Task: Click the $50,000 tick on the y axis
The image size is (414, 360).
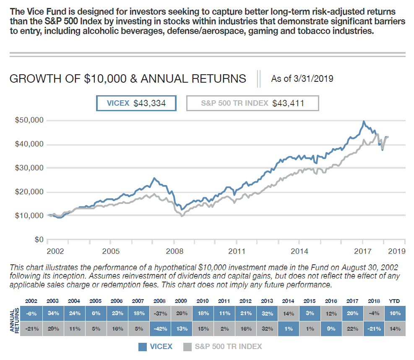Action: click(x=29, y=120)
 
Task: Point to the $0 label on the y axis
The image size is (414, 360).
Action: click(x=39, y=240)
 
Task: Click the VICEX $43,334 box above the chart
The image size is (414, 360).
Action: click(x=136, y=103)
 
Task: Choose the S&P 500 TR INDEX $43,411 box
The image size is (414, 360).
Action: click(x=253, y=103)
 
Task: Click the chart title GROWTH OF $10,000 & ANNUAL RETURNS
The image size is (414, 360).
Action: click(x=128, y=78)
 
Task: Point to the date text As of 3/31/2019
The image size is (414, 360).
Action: click(x=302, y=78)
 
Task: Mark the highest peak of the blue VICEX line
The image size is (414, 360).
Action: click(x=364, y=122)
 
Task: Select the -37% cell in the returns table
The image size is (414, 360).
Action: click(x=159, y=313)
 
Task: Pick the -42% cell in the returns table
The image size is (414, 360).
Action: click(x=159, y=329)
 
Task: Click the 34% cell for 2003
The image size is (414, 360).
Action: click(x=52, y=313)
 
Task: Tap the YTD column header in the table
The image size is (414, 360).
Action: click(x=395, y=301)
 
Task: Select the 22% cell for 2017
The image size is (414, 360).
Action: click(x=352, y=329)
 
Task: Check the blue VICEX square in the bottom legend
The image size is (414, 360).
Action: click(x=143, y=347)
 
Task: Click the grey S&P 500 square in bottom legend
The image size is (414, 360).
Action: click(x=187, y=347)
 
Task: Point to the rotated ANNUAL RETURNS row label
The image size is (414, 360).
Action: click(x=14, y=321)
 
